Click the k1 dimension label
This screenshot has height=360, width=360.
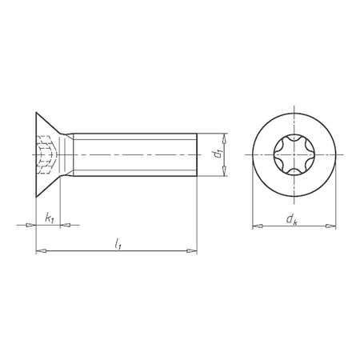[50, 218]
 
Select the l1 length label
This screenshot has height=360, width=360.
[118, 242]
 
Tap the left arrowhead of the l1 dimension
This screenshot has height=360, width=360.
[40, 251]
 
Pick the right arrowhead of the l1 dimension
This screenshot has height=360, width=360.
[192, 251]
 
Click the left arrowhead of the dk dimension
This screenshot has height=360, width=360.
[255, 226]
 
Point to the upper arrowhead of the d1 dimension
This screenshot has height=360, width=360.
[226, 135]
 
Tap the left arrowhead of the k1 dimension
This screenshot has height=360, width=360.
[32, 226]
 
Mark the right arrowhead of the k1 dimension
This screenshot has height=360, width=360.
[66, 226]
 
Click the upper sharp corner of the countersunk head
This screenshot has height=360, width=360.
[37, 112]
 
